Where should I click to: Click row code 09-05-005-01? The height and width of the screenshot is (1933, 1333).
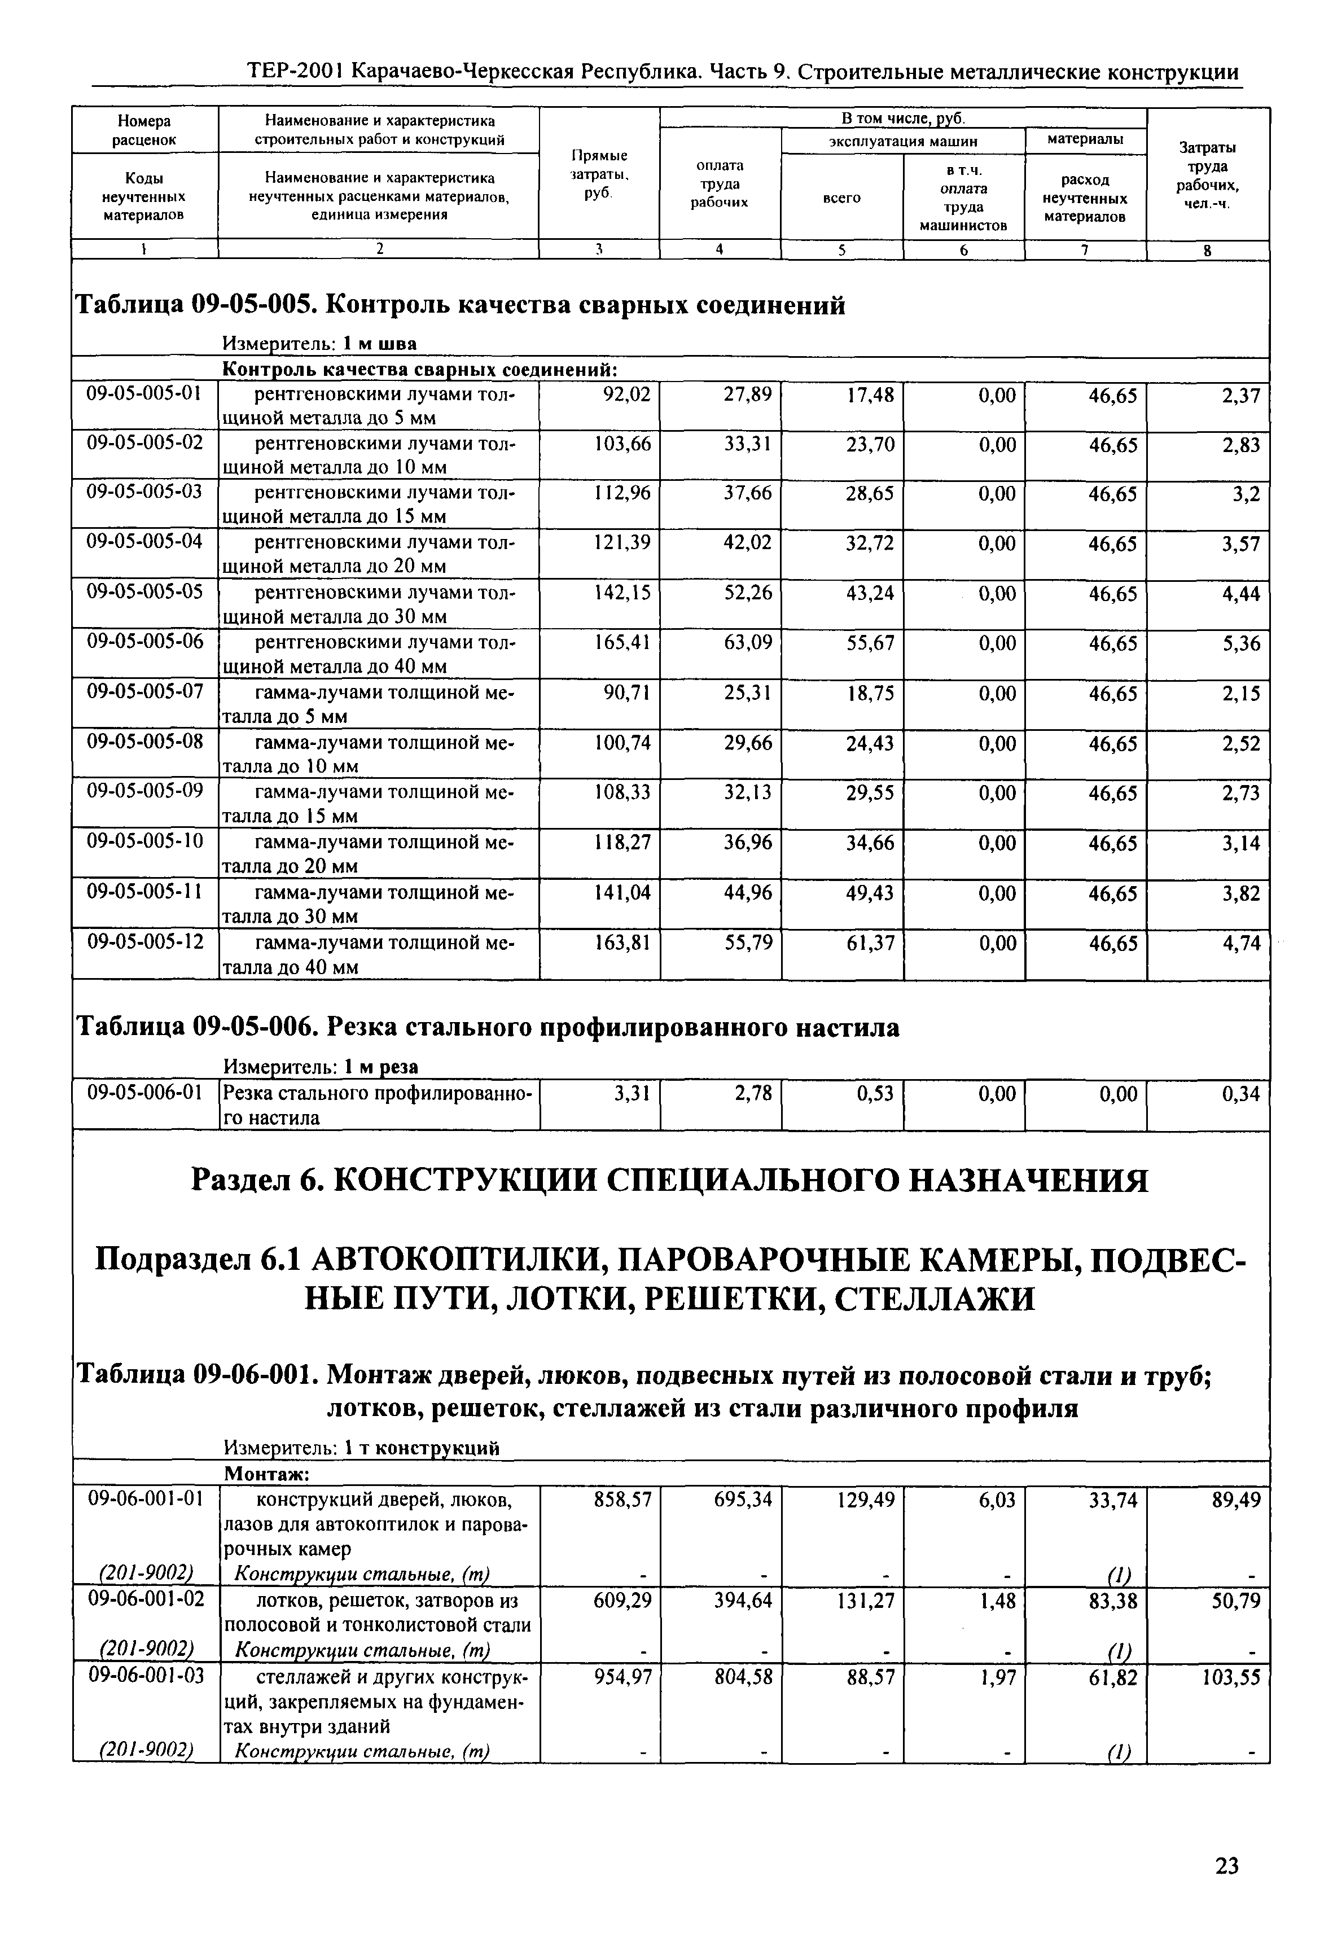pyautogui.click(x=144, y=393)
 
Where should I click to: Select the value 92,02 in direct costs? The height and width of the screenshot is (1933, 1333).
pyautogui.click(x=625, y=395)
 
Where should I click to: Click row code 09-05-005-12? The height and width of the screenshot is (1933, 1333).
pyautogui.click(x=144, y=943)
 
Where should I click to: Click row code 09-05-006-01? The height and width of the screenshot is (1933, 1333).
pyautogui.click(x=144, y=1093)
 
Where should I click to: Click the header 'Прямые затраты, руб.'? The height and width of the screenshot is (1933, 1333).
pyautogui.click(x=599, y=174)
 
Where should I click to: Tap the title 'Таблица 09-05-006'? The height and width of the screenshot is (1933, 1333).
pyautogui.click(x=195, y=1028)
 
